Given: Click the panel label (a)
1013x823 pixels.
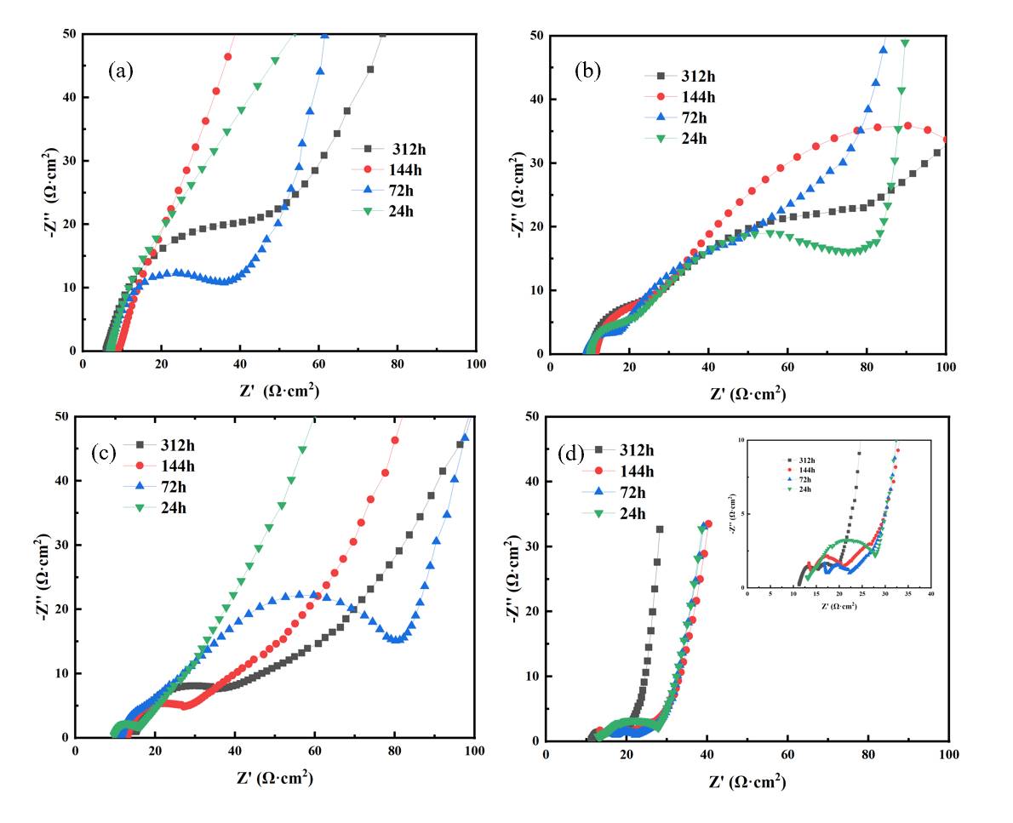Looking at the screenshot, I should pyautogui.click(x=121, y=71).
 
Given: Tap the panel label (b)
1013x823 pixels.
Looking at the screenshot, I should pyautogui.click(x=588, y=71).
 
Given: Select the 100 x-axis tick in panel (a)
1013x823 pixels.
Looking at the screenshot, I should pyautogui.click(x=476, y=363).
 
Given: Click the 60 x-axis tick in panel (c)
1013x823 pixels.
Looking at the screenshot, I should pyautogui.click(x=314, y=751).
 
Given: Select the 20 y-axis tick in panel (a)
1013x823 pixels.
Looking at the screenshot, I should pyautogui.click(x=66, y=224).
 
